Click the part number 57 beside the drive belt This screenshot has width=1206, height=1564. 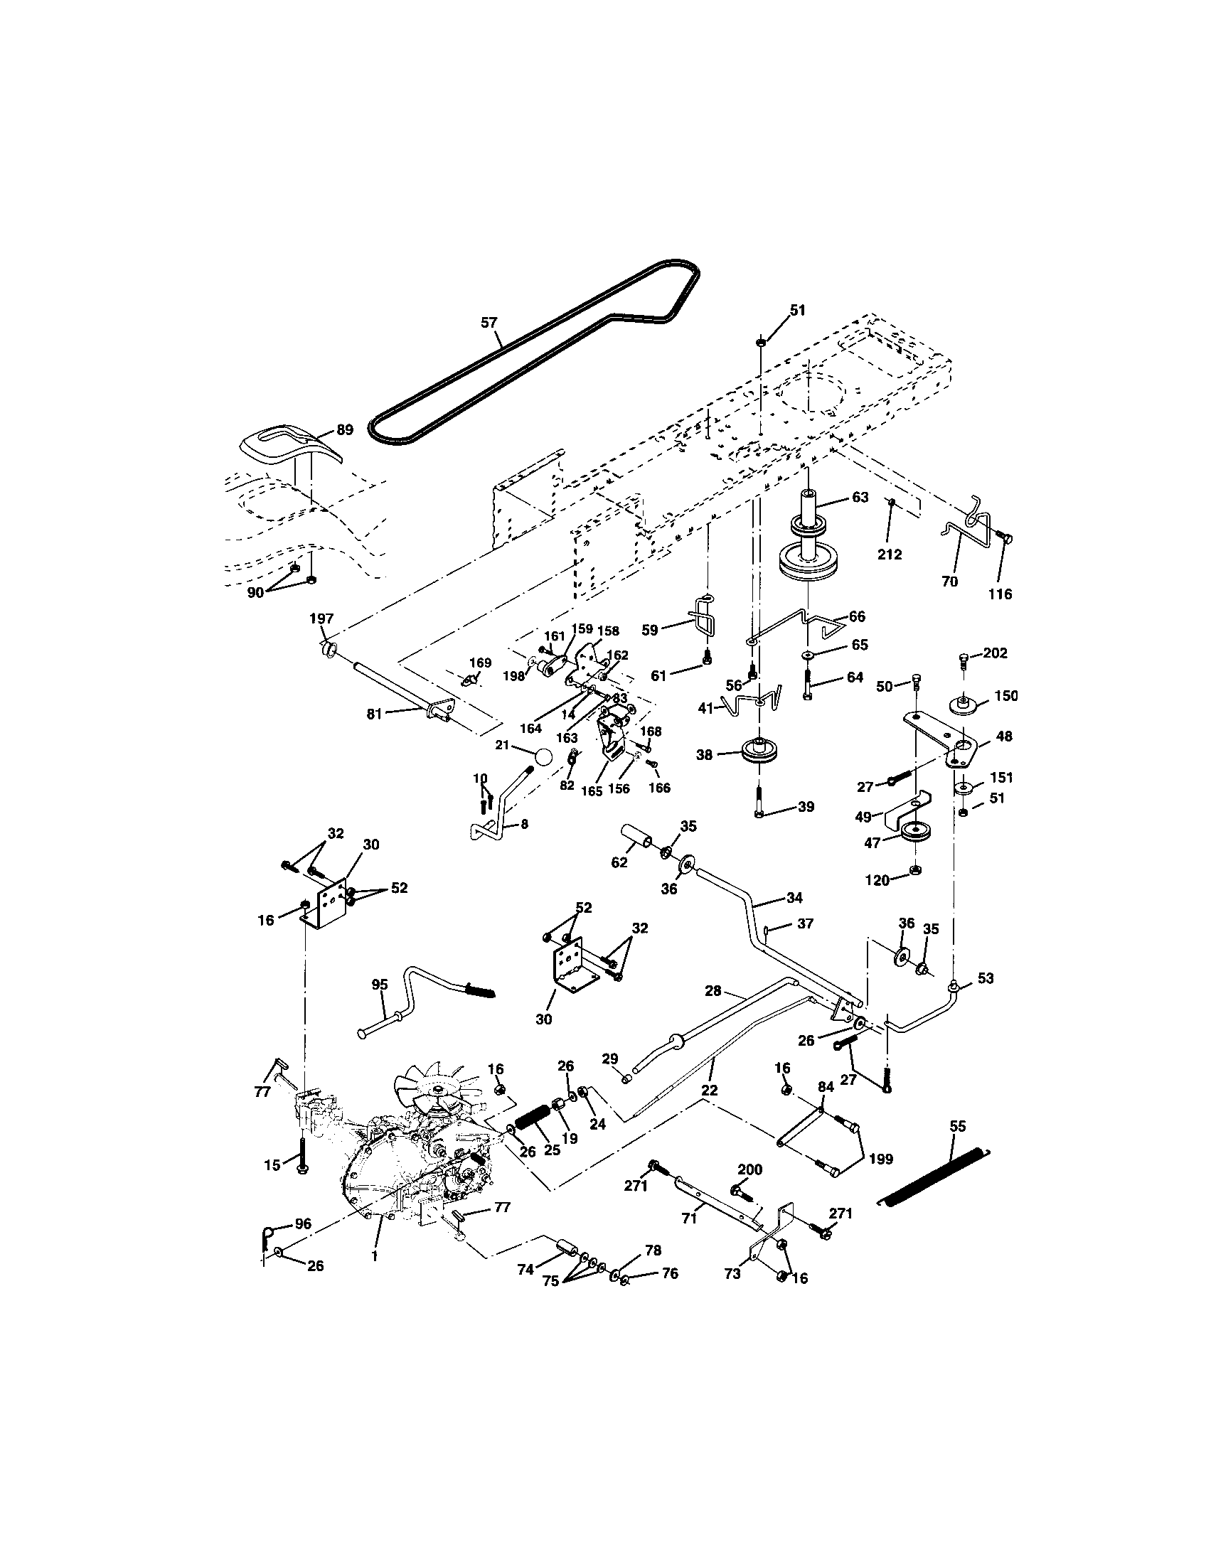click(x=489, y=323)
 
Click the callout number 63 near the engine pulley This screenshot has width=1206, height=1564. click(x=860, y=497)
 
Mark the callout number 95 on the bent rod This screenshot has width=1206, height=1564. click(x=380, y=985)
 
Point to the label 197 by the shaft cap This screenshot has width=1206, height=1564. click(x=321, y=618)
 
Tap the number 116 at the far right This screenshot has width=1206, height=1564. click(x=1000, y=594)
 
